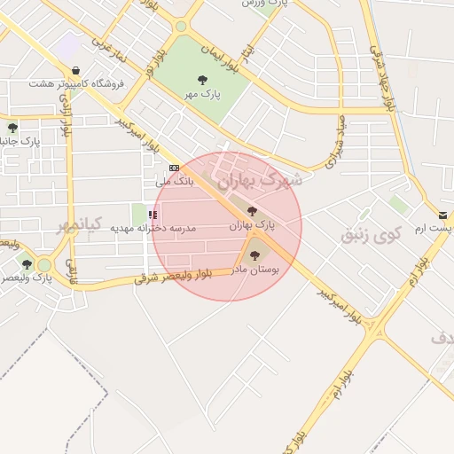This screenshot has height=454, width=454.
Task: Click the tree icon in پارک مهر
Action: coord(203,80)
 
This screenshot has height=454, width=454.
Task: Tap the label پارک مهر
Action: coord(203,93)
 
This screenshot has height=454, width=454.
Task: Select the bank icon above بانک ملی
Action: coord(174,168)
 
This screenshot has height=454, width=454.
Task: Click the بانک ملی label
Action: coord(174,181)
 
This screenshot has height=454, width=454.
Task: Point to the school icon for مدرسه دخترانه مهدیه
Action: coord(153,215)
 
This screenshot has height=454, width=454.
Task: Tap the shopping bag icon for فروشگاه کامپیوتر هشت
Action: coord(75,70)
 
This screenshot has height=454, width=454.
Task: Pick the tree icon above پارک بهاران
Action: coord(253,212)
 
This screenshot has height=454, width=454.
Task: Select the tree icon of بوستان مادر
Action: coord(255,255)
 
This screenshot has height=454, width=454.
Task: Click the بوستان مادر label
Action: coord(255,270)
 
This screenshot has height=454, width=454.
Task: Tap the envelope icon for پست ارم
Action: coord(442,215)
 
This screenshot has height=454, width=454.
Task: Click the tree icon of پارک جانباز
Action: coord(12,128)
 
